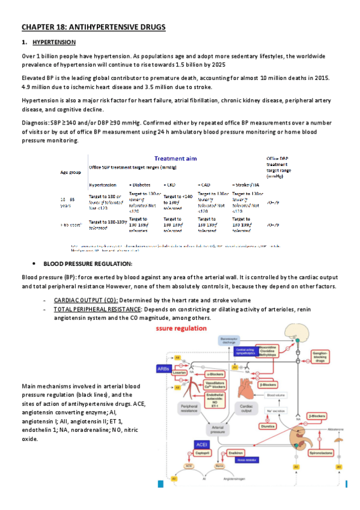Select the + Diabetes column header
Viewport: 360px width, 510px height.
(x=139, y=185)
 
